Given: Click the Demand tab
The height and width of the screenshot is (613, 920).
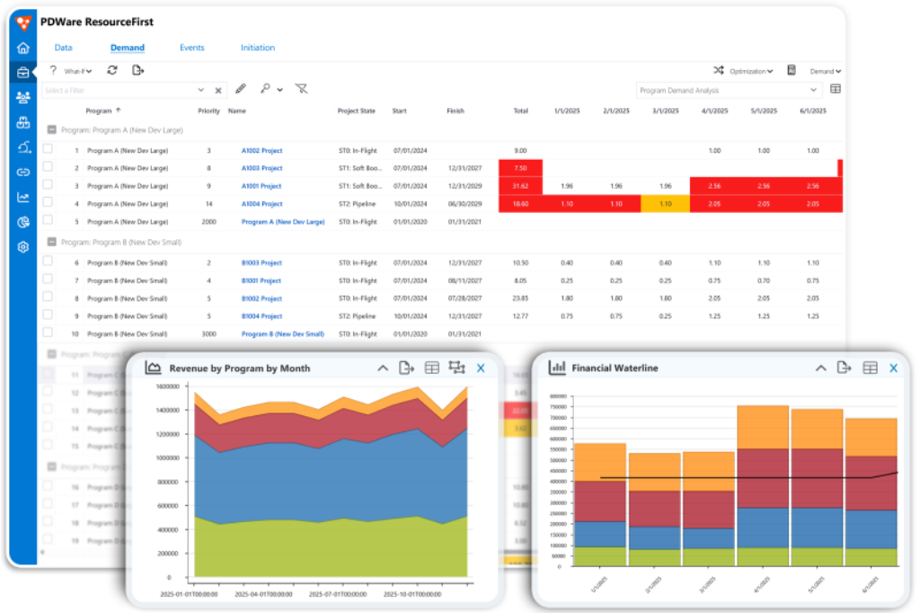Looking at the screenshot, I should pos(127,48).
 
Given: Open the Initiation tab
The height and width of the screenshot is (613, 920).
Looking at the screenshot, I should pos(257,48).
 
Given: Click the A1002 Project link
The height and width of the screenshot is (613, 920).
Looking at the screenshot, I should pos(261,151).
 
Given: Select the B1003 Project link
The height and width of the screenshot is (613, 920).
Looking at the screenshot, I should pos(261,263).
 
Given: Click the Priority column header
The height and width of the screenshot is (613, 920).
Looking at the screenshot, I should pos(208,111).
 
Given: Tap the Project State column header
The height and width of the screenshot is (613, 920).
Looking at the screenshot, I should pos(356,111).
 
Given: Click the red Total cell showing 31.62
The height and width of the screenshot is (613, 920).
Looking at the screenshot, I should pos(519,186).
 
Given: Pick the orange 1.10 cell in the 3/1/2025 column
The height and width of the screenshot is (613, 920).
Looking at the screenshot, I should pos(665,204).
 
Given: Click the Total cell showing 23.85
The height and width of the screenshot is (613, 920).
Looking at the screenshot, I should pos(519,298).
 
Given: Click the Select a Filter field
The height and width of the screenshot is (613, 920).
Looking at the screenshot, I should pos(121,90).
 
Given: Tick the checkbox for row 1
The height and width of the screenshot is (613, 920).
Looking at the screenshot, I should pos(48,150).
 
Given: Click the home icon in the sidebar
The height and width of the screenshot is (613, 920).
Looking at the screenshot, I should pos(22,49).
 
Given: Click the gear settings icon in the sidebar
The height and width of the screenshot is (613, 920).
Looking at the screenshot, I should pos(22,246).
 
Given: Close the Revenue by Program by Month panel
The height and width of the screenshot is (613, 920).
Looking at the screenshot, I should pos(481,368).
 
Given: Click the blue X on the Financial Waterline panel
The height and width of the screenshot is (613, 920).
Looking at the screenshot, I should pos(893,368).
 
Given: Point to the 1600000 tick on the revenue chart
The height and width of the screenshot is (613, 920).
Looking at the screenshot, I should pos(168,386).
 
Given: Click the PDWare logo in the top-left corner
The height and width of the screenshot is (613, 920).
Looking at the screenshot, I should pos(23,22).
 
